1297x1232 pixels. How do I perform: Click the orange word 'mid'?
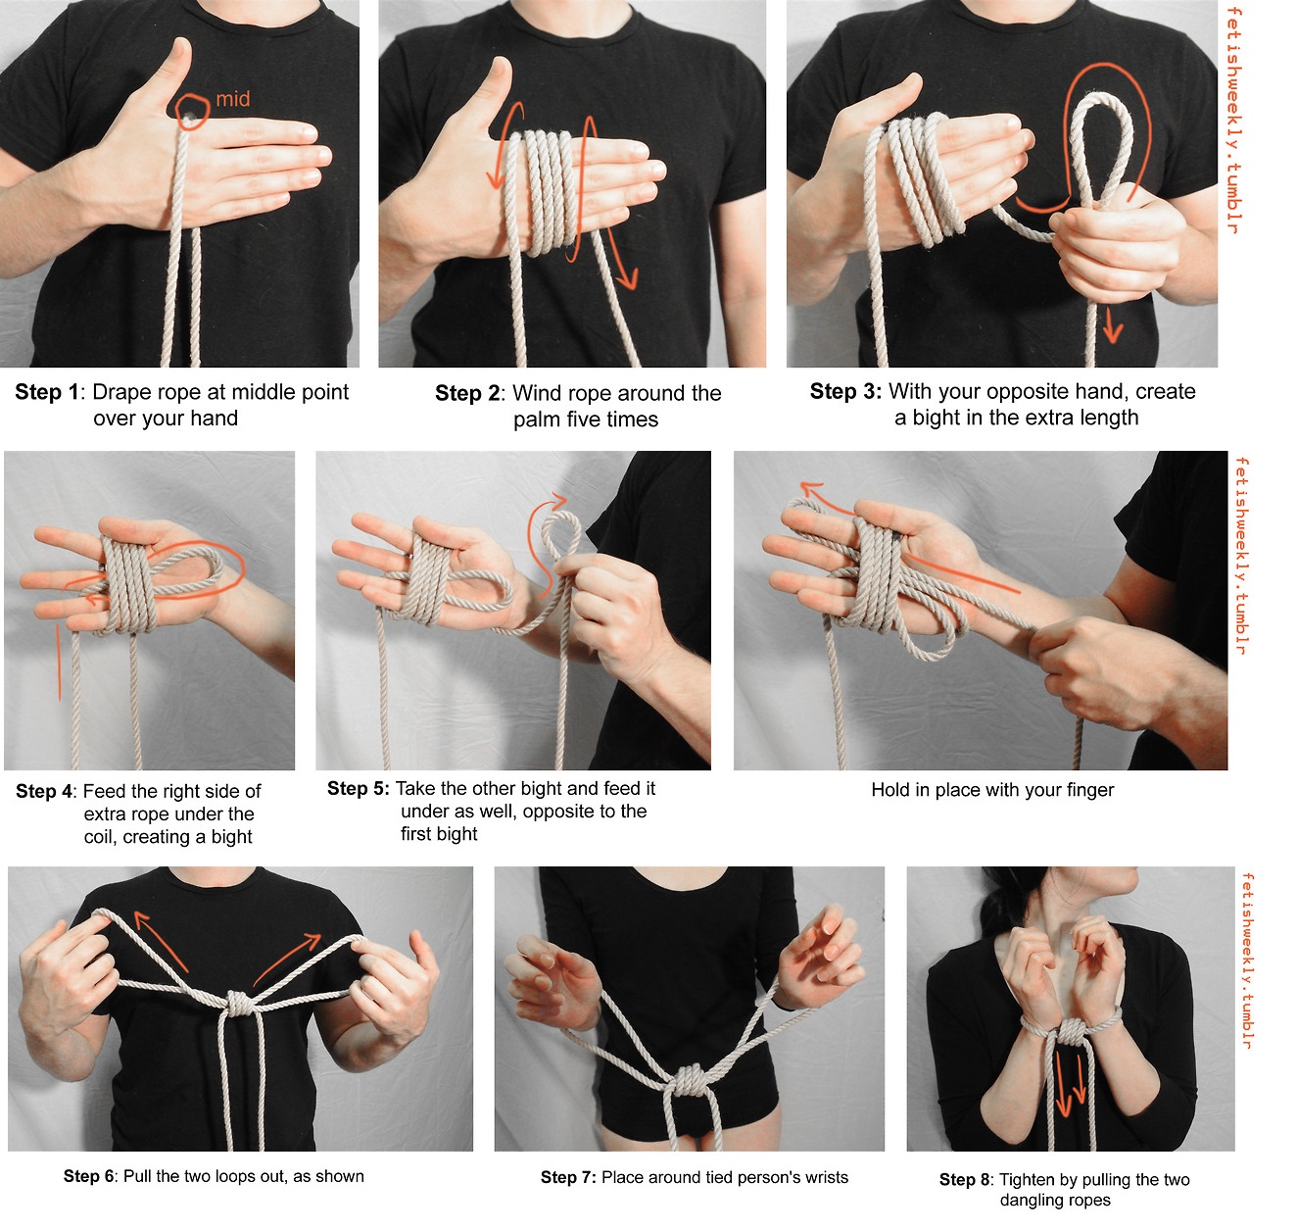point(233,99)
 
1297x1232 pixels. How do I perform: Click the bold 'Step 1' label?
point(47,391)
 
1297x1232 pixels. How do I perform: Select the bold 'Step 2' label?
point(467,393)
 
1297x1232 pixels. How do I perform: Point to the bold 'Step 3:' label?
point(845,391)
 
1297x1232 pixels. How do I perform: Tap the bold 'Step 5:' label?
point(359,788)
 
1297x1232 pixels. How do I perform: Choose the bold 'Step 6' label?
point(88,1176)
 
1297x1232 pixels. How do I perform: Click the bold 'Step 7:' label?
point(568,1177)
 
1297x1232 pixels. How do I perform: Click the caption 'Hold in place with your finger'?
point(992,790)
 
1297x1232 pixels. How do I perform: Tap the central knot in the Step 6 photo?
point(238,1003)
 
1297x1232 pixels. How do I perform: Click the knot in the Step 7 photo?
point(689,1081)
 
